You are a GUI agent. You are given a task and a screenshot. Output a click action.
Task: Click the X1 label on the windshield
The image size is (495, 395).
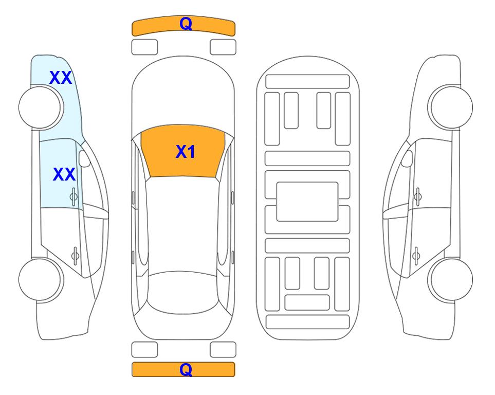pyautogui.click(x=186, y=152)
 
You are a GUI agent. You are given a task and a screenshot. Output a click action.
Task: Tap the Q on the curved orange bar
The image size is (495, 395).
pyautogui.click(x=186, y=23)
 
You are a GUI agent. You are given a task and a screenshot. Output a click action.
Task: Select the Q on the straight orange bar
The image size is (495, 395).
pyautogui.click(x=186, y=369)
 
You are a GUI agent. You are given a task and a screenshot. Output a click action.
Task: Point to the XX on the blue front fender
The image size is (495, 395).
pyautogui.click(x=61, y=78)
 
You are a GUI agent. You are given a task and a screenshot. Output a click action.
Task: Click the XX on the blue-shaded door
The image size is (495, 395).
pyautogui.click(x=64, y=174)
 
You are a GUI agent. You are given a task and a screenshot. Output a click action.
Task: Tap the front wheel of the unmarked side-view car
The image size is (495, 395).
pyautogui.click(x=451, y=107)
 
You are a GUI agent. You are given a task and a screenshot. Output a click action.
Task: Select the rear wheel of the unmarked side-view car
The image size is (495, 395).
pyautogui.click(x=451, y=280)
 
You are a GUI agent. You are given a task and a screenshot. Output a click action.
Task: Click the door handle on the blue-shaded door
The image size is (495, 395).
pyautogui.click(x=74, y=196)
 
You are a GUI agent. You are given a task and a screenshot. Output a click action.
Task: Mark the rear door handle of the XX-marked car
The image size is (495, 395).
pyautogui.click(x=75, y=255)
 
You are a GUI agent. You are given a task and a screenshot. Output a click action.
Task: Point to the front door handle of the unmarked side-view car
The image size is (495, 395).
pyautogui.click(x=417, y=196)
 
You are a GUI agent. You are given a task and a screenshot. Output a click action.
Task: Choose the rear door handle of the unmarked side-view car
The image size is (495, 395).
pyautogui.click(x=416, y=255)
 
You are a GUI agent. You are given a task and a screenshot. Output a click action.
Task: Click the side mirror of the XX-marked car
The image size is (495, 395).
pyautogui.click(x=84, y=158)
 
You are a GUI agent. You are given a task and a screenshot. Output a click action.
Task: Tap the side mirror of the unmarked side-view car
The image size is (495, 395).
pyautogui.click(x=407, y=158)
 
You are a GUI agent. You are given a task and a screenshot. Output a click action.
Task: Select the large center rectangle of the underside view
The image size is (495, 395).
pyautogui.click(x=307, y=202)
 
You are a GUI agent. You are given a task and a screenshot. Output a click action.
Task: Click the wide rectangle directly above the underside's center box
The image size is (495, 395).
pyautogui.click(x=307, y=158)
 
